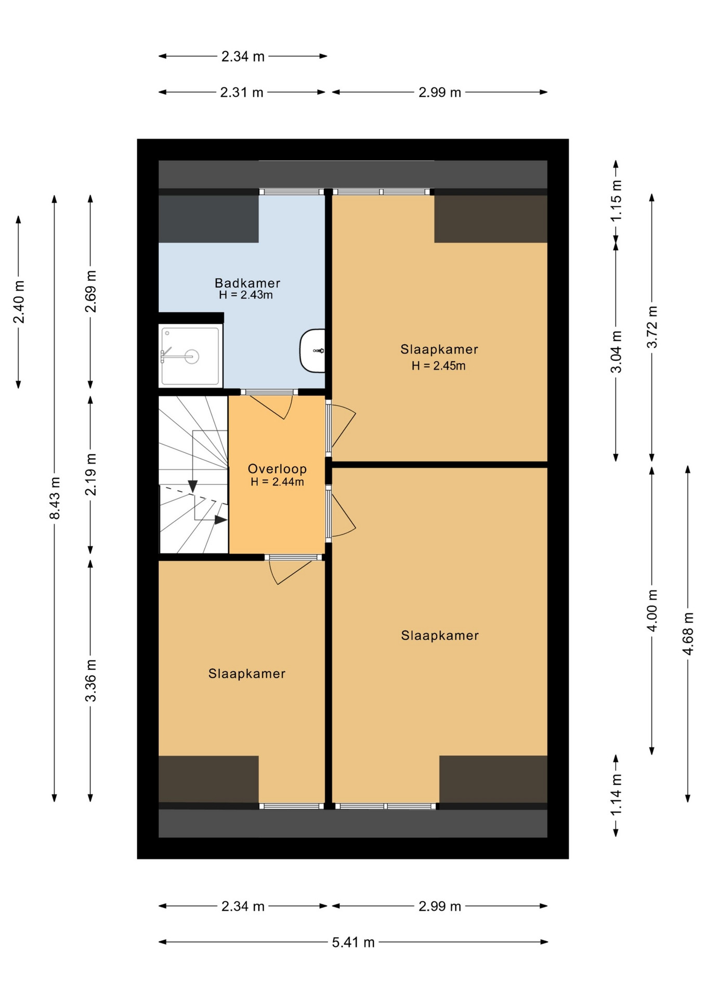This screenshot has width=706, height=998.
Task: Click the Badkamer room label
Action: [x=247, y=283]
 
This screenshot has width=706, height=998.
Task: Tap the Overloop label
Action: [x=277, y=469]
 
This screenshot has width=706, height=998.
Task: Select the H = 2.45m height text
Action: [x=438, y=365]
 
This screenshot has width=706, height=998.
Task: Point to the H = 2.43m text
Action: [x=246, y=295]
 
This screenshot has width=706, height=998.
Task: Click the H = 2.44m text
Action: [x=277, y=482]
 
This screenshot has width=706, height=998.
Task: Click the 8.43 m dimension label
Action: [x=55, y=497]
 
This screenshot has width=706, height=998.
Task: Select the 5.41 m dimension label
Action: [x=354, y=942]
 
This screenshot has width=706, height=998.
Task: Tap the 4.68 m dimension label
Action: [x=688, y=634]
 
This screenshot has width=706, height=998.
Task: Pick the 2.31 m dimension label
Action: [x=242, y=93]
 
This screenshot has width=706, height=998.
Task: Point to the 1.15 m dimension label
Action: [x=616, y=200]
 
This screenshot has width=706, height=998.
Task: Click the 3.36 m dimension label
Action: [x=90, y=680]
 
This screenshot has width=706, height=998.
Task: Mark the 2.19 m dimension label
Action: [x=90, y=474]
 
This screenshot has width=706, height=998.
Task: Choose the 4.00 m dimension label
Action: [x=652, y=610]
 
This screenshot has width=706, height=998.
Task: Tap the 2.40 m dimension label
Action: [x=19, y=301]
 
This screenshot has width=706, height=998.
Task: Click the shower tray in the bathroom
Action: [x=190, y=356]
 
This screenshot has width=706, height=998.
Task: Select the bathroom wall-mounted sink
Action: [x=312, y=350]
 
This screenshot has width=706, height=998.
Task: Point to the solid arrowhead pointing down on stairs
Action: [x=192, y=486]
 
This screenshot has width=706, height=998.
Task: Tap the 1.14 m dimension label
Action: [x=616, y=795]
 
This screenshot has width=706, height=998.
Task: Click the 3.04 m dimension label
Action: [x=616, y=352]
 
